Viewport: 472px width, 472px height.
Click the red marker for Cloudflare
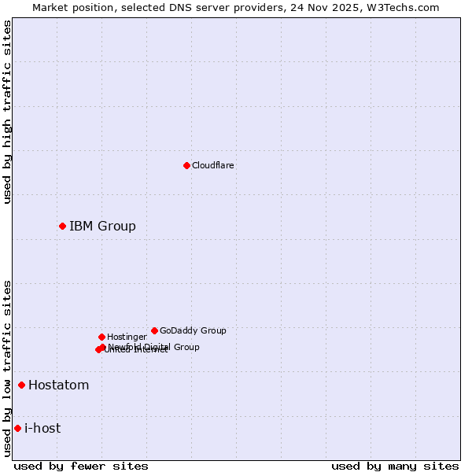click(186, 165)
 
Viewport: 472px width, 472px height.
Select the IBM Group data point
click(62, 226)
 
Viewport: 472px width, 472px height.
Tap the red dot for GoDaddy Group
click(154, 330)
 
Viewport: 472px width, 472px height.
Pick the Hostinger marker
click(101, 337)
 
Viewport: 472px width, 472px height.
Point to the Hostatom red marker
click(21, 385)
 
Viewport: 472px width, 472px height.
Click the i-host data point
click(17, 428)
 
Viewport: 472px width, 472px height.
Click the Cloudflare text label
click(212, 165)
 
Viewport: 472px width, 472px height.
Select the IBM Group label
click(102, 226)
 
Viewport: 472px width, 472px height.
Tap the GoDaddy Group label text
click(193, 330)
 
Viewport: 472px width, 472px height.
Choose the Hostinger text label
click(127, 337)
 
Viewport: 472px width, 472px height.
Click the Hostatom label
click(58, 385)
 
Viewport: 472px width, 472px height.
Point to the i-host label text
click(42, 428)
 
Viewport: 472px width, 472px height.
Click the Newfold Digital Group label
click(154, 346)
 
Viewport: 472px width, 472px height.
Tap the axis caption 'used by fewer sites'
click(81, 466)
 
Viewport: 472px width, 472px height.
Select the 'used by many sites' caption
click(395, 466)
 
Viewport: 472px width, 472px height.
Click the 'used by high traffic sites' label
click(7, 112)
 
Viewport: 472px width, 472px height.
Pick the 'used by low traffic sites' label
click(7, 368)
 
